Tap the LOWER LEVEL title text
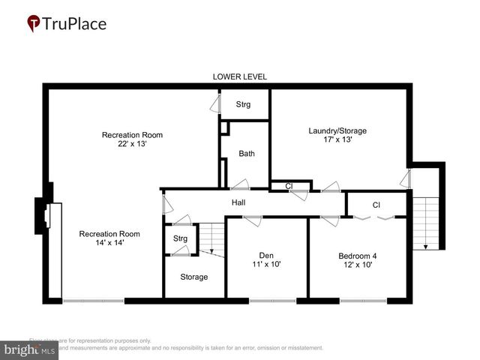coord(240,76)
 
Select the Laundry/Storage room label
coord(337,130)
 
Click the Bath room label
coord(247,154)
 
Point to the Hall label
coord(238,202)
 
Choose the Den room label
coord(266,254)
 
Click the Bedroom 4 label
coord(358,255)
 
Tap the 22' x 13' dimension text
coord(132,144)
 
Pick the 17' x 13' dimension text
coord(337,139)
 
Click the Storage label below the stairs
coord(193,277)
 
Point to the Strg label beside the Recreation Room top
coord(243,104)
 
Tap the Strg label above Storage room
coord(180,238)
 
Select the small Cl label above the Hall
coord(288,185)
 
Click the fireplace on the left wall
coord(44,215)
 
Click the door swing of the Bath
coord(241,184)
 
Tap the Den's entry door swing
coord(251,220)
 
